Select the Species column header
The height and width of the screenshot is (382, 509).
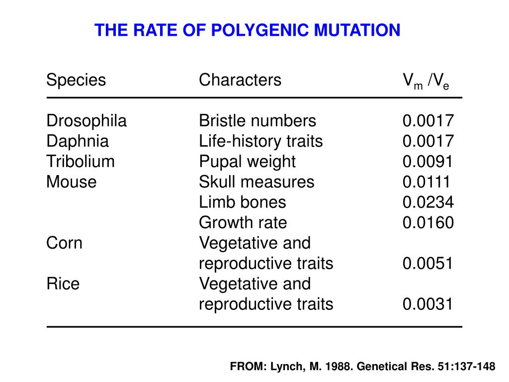[x=76, y=80]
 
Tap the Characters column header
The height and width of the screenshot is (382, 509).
[x=240, y=80]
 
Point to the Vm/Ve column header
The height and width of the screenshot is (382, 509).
[x=426, y=81]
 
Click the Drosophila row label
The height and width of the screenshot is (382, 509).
[x=86, y=121]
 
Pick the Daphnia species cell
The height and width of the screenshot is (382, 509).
[x=78, y=141]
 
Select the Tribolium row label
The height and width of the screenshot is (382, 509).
[x=81, y=162]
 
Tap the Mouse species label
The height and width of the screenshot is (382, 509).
[x=72, y=182]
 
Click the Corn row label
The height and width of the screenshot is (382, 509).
[x=65, y=243]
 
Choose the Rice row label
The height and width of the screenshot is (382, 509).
[x=63, y=284]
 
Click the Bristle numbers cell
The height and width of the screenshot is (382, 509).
[x=257, y=121]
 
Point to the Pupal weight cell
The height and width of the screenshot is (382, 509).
[x=247, y=162]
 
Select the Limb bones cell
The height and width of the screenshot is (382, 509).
[x=243, y=202]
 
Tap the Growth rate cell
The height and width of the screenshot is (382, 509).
[x=243, y=223]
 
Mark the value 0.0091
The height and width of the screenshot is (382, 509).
[x=428, y=162]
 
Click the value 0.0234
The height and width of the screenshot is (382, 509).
[x=428, y=202]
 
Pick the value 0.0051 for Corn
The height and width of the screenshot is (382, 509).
[x=428, y=264]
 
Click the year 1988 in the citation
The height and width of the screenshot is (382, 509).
[x=336, y=367]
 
